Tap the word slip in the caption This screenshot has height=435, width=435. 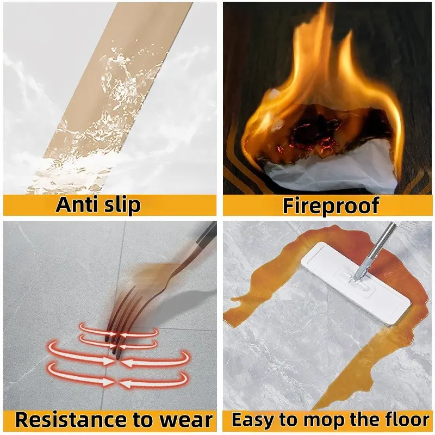pos(121,206)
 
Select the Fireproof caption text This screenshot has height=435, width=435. pos(331,206)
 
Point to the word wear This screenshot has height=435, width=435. pos(187,421)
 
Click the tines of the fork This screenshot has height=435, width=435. pos(122,319)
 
